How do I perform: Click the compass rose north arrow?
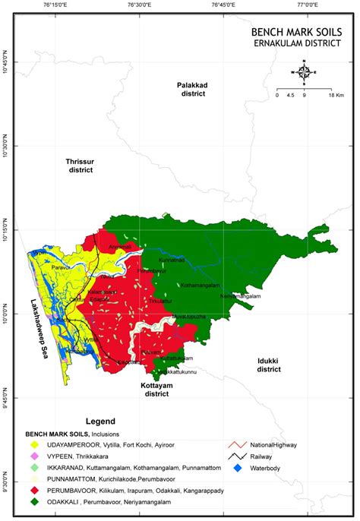coord(303,73)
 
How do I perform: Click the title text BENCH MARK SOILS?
coord(296,33)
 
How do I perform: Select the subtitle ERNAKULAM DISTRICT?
coord(297,44)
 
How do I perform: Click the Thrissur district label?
coord(79,166)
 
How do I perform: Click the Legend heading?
coord(99,421)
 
